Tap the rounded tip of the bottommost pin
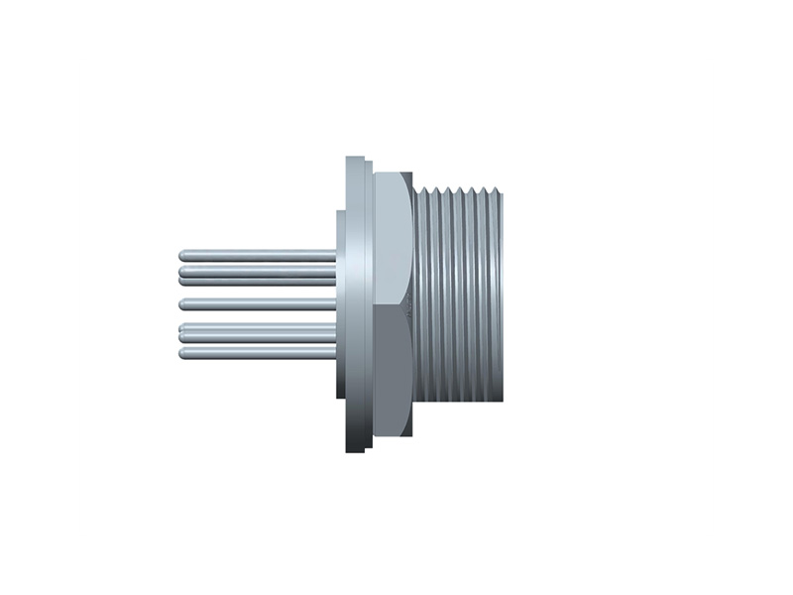(x=183, y=353)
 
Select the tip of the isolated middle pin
(x=183, y=302)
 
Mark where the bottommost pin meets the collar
(x=335, y=353)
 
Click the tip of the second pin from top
(x=183, y=270)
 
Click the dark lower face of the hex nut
(x=393, y=367)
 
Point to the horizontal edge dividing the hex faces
(x=393, y=304)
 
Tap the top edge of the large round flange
(x=354, y=158)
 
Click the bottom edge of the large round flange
(x=354, y=451)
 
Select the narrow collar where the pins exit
(x=340, y=302)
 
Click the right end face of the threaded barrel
(x=502, y=297)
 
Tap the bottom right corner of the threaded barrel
(x=502, y=401)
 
